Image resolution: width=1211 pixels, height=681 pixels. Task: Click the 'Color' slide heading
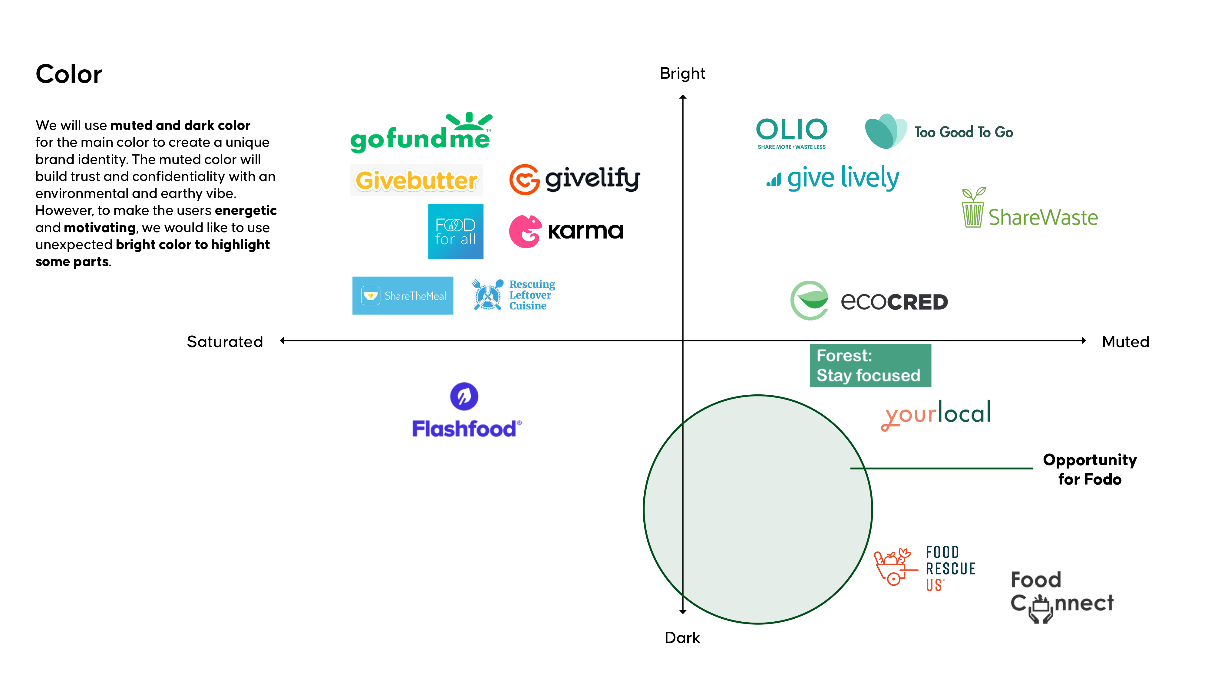pos(69,74)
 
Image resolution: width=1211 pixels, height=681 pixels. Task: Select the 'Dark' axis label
pos(682,638)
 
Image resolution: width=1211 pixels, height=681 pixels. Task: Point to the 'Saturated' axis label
pos(225,342)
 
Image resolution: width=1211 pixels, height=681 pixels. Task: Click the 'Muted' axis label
pos(1125,342)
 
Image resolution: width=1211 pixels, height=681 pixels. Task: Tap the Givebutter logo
pos(416,180)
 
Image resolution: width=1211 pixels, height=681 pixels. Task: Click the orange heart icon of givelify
pos(524,179)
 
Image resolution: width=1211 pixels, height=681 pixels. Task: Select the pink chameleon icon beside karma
pos(525,231)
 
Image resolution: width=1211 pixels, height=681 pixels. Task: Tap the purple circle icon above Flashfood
pos(464,396)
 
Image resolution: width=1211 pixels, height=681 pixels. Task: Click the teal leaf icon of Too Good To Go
pos(885,131)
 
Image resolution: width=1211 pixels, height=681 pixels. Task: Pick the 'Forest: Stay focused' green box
pos(870,366)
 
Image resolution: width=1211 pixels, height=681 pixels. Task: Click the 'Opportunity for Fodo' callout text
pos(1090,469)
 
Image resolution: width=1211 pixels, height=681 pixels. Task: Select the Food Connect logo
pos(1061,596)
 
